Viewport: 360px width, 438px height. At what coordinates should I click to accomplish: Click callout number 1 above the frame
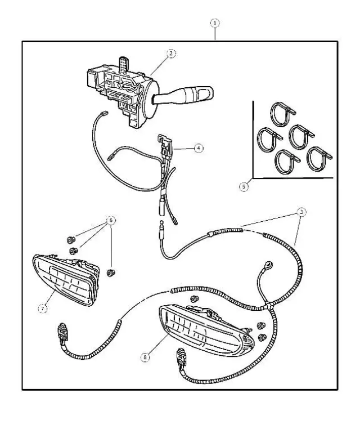(x=214, y=23)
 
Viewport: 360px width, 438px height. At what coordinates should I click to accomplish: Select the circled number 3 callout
(x=302, y=212)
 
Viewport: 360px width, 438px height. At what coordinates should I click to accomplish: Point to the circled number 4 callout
(x=198, y=148)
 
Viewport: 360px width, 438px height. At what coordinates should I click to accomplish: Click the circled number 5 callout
(x=244, y=186)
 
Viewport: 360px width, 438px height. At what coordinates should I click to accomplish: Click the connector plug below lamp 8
(x=181, y=356)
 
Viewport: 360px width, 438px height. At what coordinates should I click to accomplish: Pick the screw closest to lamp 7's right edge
(x=110, y=273)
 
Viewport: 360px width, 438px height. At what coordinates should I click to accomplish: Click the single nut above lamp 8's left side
(x=195, y=298)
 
